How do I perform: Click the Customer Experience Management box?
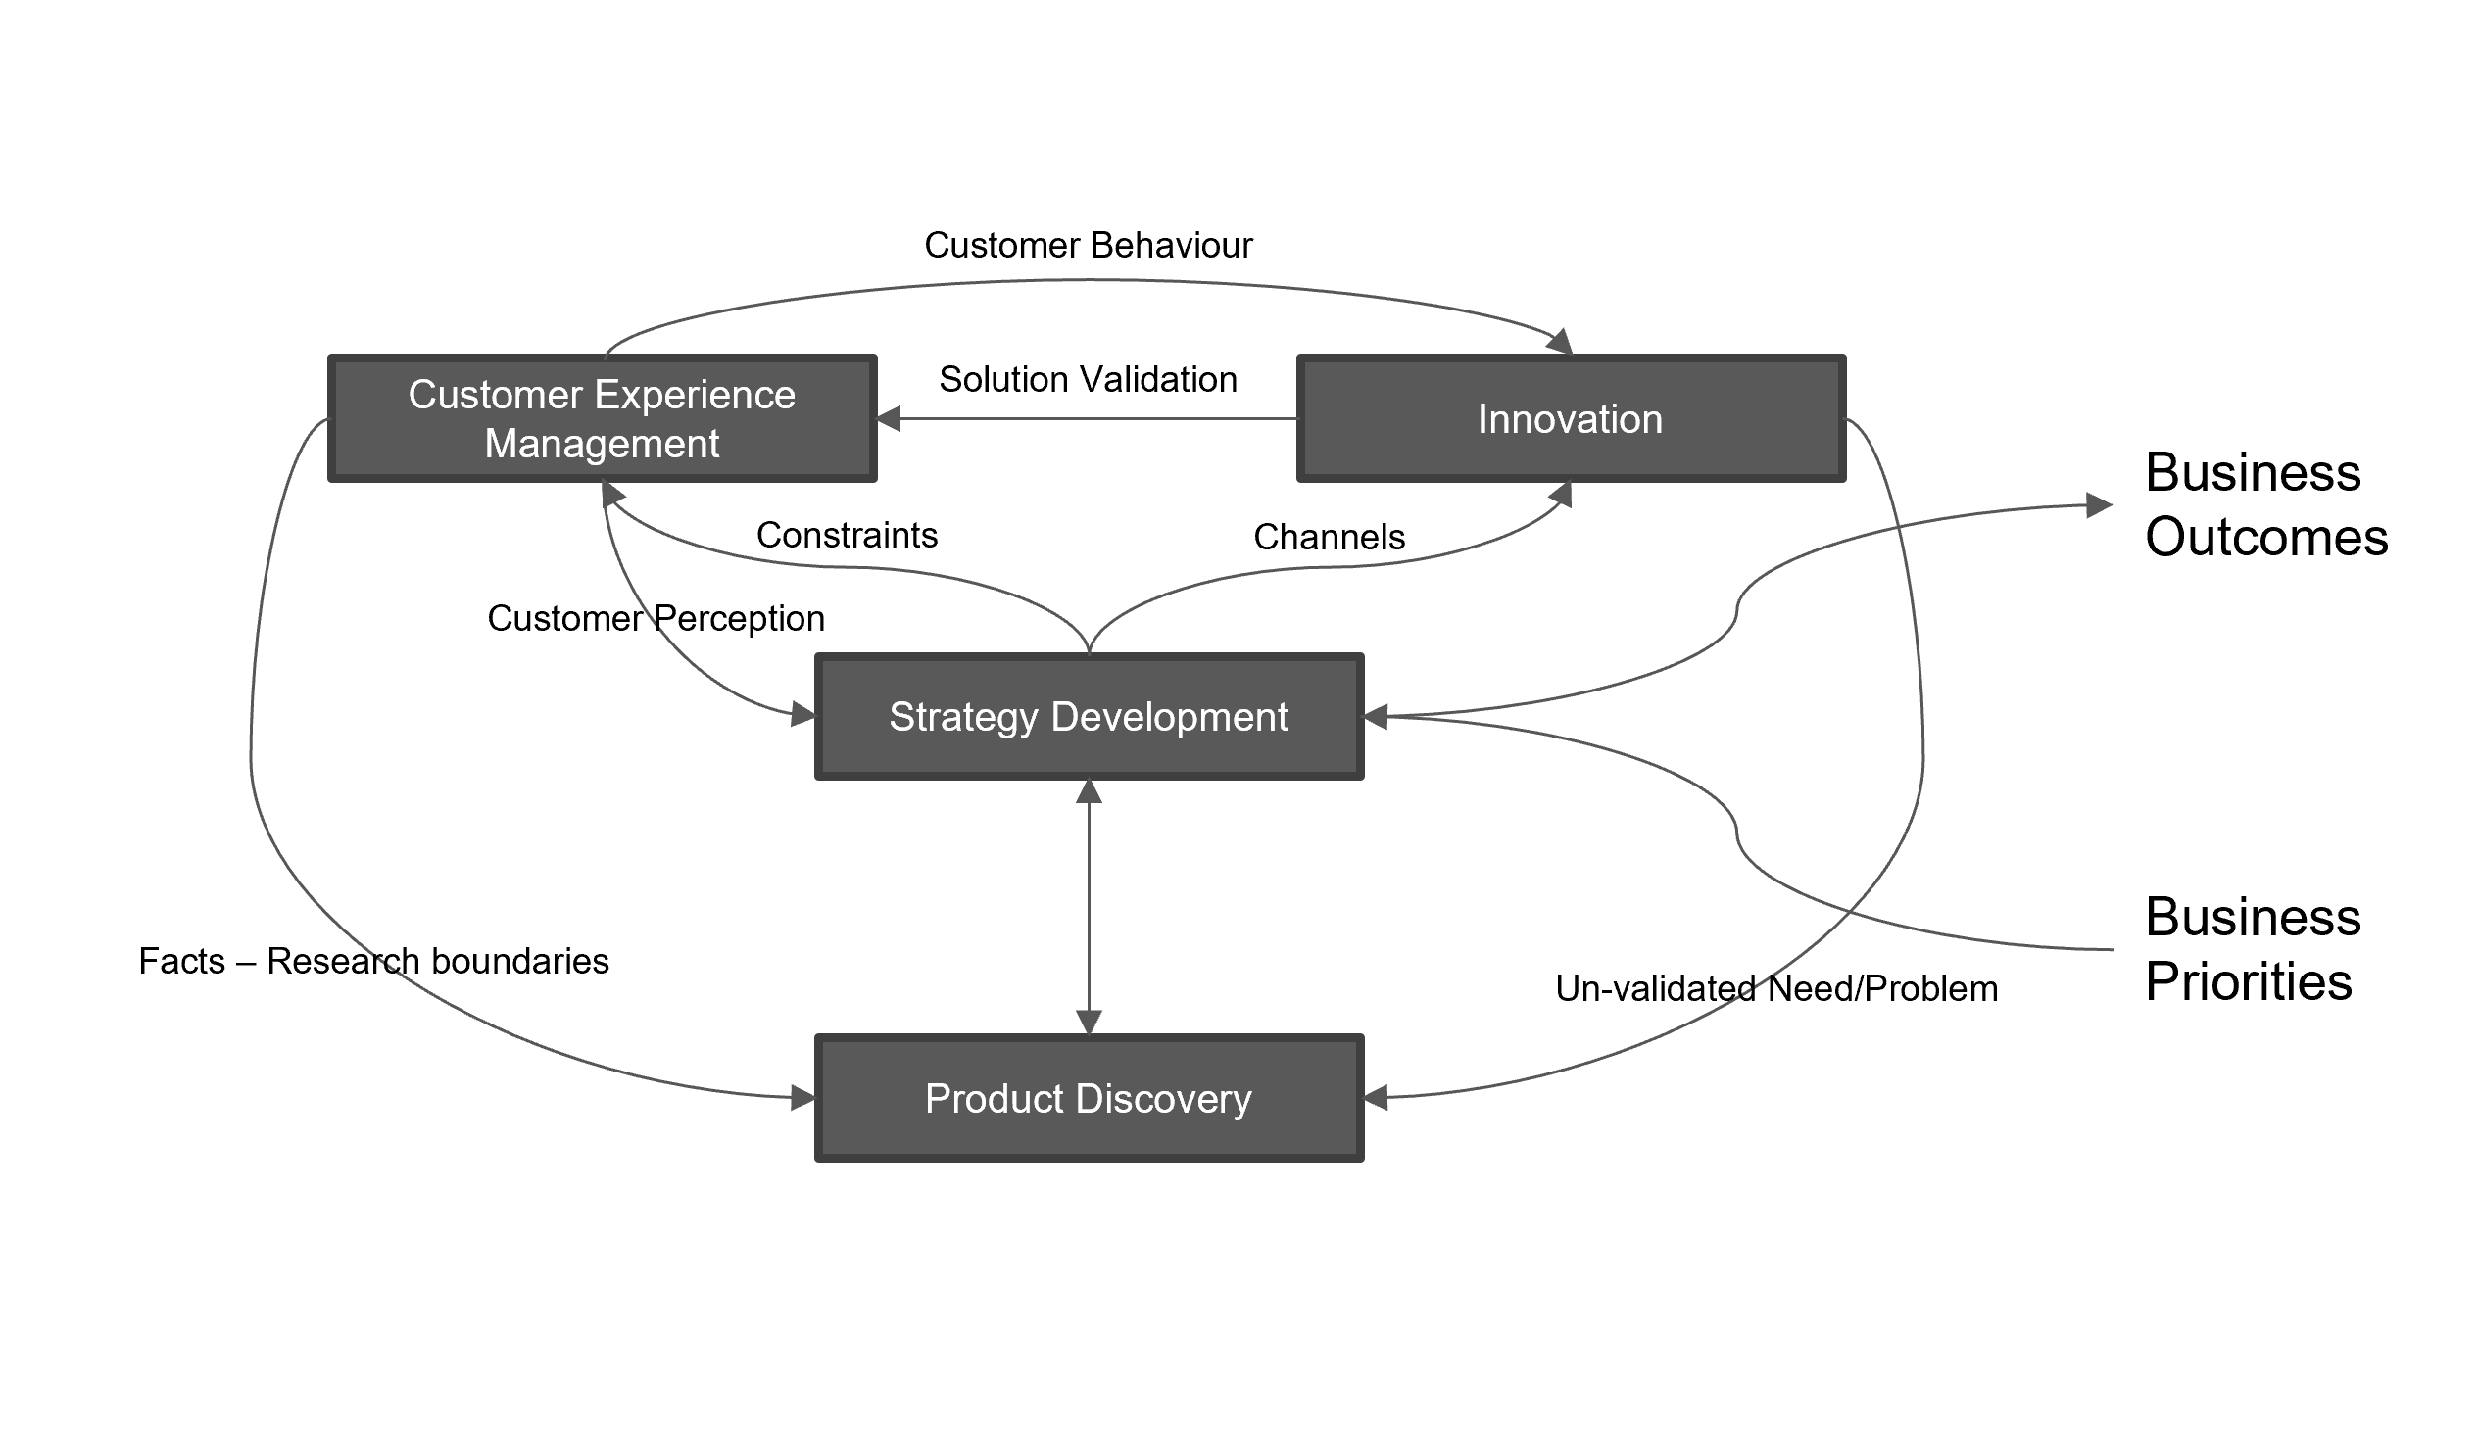(x=601, y=418)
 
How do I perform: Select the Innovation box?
(x=1570, y=418)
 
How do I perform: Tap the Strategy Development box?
(x=1088, y=717)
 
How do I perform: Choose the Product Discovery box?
(x=1088, y=1098)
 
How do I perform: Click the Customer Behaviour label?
(x=1088, y=245)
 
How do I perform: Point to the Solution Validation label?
(x=1088, y=379)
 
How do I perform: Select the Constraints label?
(x=847, y=535)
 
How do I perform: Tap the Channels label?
(x=1329, y=537)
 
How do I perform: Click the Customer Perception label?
(x=656, y=618)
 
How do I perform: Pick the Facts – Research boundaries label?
(x=373, y=961)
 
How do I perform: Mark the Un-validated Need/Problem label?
(x=1776, y=988)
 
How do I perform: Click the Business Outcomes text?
(x=2265, y=504)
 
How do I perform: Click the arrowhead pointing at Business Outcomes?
(x=2099, y=505)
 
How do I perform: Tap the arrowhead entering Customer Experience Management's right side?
(x=889, y=419)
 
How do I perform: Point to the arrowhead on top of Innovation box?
(x=1561, y=343)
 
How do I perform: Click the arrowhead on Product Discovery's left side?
(x=803, y=1097)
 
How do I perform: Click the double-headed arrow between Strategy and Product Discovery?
(x=1089, y=908)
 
